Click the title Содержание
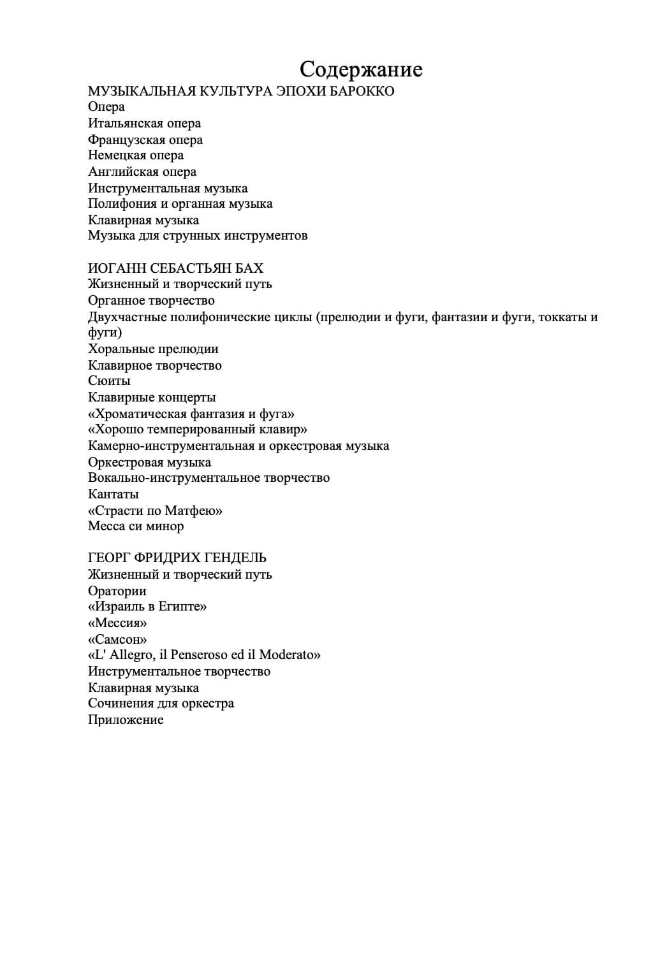tap(361, 69)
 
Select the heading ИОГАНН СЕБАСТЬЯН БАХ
tap(175, 268)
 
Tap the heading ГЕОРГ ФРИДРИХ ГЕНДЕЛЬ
tap(177, 558)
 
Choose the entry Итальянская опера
tap(144, 124)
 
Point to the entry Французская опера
tap(145, 140)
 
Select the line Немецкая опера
tap(136, 156)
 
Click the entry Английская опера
tap(142, 172)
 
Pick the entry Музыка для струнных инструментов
tap(198, 236)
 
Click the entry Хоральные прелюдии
tap(153, 349)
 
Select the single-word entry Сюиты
tap(109, 381)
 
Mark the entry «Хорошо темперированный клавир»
tap(198, 430)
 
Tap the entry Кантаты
tap(114, 495)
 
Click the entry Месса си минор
tap(136, 526)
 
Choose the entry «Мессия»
tap(117, 623)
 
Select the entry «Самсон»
tap(117, 639)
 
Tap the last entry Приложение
tap(126, 720)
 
